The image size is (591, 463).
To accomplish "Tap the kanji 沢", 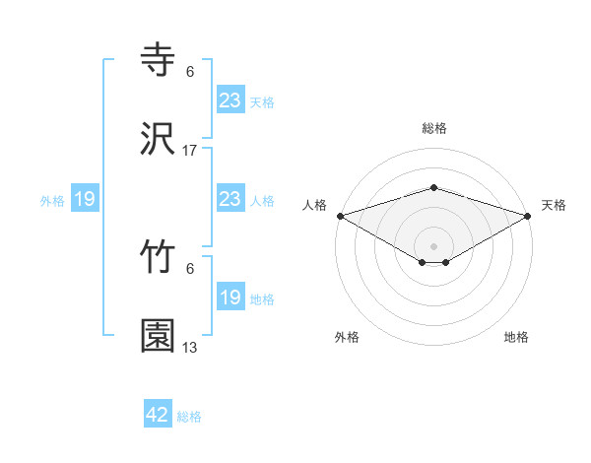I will (159, 140).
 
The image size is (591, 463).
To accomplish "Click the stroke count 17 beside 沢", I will (190, 151).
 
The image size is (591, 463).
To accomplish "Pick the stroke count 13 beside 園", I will (190, 348).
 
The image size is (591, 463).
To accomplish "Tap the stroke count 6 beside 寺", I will (190, 72).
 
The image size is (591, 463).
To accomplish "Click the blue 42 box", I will (158, 415).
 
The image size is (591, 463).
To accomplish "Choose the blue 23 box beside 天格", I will (230, 100).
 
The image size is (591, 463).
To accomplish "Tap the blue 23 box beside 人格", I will (230, 199).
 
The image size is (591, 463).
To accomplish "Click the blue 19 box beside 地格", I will (230, 298).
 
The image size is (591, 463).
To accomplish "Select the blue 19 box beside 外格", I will (85, 199).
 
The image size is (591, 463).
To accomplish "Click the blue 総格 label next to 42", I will (189, 417).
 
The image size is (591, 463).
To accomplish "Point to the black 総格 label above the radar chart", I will (434, 129).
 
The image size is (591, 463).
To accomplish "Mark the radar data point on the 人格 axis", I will (340, 216).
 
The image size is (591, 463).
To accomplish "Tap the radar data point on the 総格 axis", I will (434, 187).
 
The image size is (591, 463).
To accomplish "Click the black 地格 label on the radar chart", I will (516, 337).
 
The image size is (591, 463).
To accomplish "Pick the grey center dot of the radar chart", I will (434, 245).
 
